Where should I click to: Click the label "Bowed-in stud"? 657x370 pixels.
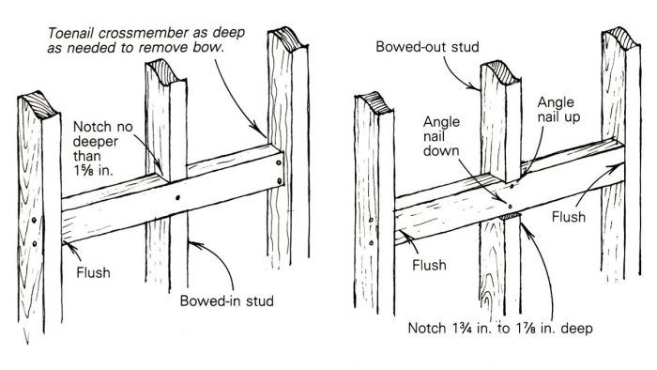[227, 301]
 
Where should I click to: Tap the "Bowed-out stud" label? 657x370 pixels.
[427, 47]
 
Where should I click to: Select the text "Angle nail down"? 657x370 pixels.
[441, 136]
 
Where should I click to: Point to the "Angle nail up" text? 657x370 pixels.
[558, 109]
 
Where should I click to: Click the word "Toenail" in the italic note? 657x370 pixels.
[69, 32]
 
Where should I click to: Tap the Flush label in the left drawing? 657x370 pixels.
[93, 272]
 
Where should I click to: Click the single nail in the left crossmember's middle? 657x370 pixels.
[177, 197]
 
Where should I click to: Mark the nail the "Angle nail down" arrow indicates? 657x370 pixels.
[510, 207]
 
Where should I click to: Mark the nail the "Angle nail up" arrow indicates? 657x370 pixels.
[512, 185]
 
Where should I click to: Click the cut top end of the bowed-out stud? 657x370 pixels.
[501, 72]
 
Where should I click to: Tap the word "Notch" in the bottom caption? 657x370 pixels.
[426, 328]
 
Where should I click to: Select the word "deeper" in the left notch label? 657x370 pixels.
[95, 142]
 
